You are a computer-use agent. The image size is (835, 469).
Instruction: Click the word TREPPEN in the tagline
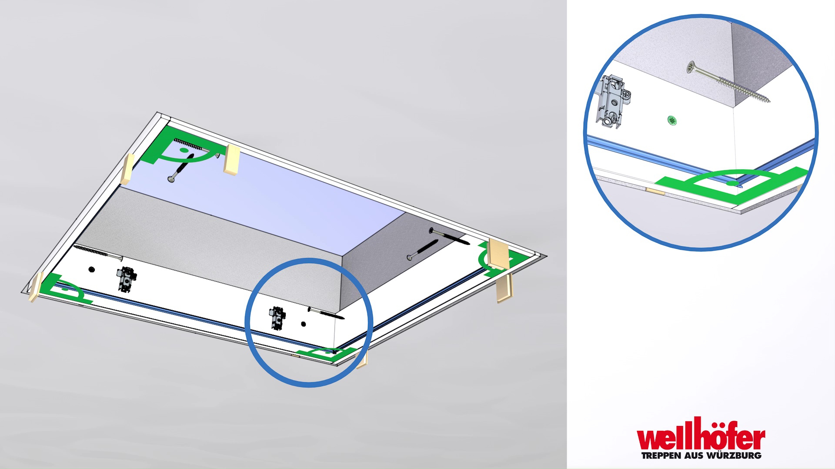661,456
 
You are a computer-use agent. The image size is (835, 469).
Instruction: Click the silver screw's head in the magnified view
691,67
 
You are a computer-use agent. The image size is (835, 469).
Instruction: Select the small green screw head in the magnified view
672,120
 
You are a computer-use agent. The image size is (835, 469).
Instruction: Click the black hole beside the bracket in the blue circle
304,324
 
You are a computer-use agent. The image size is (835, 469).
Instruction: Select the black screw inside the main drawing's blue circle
326,313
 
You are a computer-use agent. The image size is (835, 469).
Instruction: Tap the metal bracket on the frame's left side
126,279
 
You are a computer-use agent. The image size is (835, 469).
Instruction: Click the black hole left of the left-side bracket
91,270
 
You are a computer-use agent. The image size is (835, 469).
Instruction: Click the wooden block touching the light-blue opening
232,160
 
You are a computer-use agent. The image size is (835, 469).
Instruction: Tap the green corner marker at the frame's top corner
183,145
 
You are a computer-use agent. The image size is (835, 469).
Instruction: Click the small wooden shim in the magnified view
655,191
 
